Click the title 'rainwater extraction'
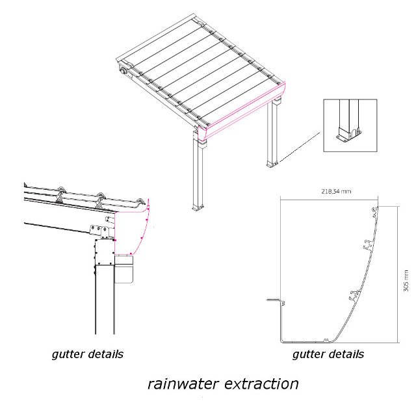223,384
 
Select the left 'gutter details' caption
87,354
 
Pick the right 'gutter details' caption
328,354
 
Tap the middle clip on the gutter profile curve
365,248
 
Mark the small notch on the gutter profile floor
324,339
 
